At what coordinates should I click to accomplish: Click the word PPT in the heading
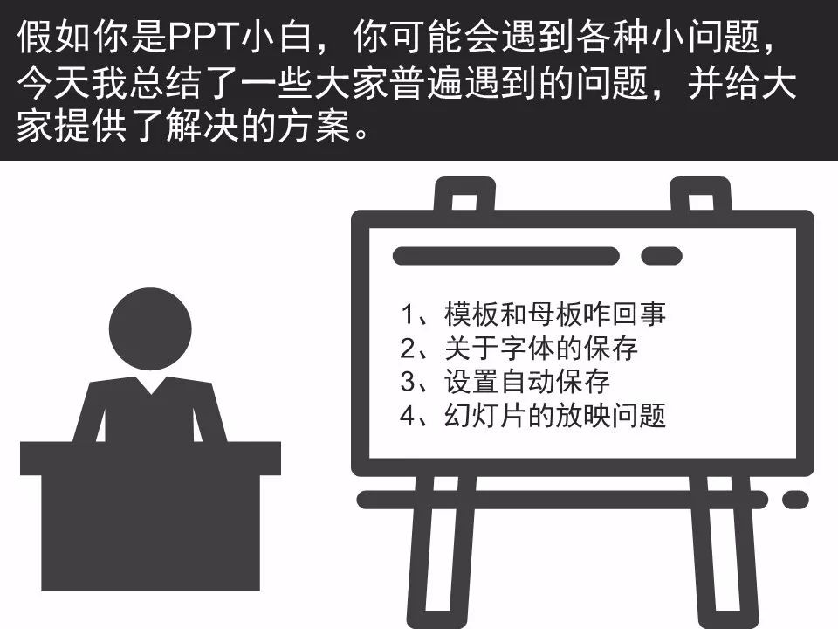207,37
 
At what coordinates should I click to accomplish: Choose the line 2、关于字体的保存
519,349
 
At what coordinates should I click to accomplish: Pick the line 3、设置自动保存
505,382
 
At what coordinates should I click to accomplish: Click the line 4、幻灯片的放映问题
532,416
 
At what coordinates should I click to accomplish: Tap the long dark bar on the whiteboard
505,256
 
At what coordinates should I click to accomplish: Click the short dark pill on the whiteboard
662,256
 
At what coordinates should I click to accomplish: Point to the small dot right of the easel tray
795,500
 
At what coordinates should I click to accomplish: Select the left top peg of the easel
453,196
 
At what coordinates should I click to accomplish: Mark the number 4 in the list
406,416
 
